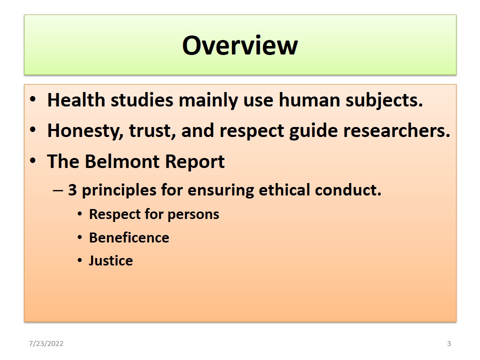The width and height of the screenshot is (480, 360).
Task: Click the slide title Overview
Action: point(240,45)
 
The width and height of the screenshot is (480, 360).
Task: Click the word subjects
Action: point(384,101)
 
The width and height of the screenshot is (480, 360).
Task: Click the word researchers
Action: point(396,130)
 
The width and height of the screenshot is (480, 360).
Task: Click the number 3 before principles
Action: point(72,190)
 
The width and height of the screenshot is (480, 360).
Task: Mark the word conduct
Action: point(348,190)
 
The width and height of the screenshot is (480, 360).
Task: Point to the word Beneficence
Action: point(129,237)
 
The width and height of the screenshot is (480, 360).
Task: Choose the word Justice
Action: point(110,261)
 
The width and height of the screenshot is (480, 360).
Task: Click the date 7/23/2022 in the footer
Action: point(46,343)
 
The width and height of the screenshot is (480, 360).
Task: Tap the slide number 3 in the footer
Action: point(449,343)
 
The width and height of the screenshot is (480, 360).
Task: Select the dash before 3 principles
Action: point(58,190)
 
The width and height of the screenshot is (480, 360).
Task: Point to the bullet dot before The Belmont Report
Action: point(33,160)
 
